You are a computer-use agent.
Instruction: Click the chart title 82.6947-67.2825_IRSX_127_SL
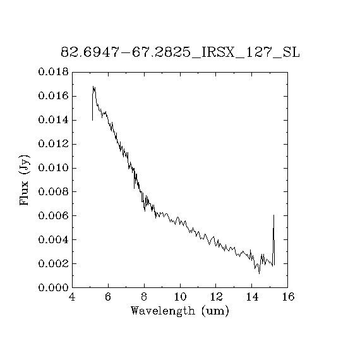[x=180, y=52]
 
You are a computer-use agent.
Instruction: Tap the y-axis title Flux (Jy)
[x=25, y=180]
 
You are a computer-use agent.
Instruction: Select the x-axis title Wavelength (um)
[x=180, y=311]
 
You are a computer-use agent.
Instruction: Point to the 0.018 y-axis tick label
[x=53, y=72]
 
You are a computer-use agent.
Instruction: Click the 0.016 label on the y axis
[x=53, y=96]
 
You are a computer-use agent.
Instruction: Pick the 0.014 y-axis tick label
[x=53, y=120]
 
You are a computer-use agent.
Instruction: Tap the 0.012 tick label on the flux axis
[x=53, y=144]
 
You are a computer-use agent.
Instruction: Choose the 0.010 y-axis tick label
[x=53, y=168]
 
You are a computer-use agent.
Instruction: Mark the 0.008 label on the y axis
[x=53, y=192]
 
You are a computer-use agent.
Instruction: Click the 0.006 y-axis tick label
[x=53, y=216]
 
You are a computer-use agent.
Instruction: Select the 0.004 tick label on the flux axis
[x=53, y=240]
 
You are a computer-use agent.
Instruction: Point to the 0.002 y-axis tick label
[x=53, y=263]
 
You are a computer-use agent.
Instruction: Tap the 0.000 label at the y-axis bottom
[x=53, y=287]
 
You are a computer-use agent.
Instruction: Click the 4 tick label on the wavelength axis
[x=72, y=297]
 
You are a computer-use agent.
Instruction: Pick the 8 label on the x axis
[x=144, y=297]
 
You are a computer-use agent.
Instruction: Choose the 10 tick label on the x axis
[x=180, y=297]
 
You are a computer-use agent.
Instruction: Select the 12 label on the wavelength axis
[x=216, y=297]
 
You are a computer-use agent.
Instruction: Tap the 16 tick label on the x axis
[x=288, y=297]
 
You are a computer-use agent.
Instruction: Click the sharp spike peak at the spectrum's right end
[x=273, y=215]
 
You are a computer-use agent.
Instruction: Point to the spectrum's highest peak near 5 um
[x=93, y=87]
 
